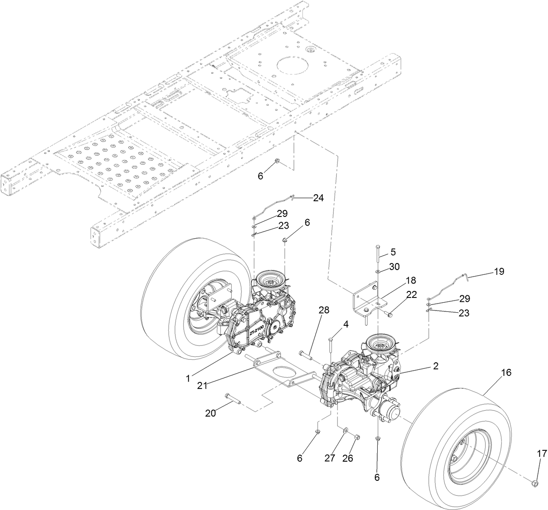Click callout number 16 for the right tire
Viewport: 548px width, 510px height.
click(x=494, y=373)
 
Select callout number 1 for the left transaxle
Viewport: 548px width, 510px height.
click(x=188, y=378)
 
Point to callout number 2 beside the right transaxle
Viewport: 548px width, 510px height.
click(x=435, y=366)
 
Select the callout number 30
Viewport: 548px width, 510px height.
click(x=394, y=267)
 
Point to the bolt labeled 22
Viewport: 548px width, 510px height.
click(x=389, y=313)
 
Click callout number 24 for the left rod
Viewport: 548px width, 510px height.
click(x=318, y=198)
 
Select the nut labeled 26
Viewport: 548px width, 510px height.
click(x=356, y=437)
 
